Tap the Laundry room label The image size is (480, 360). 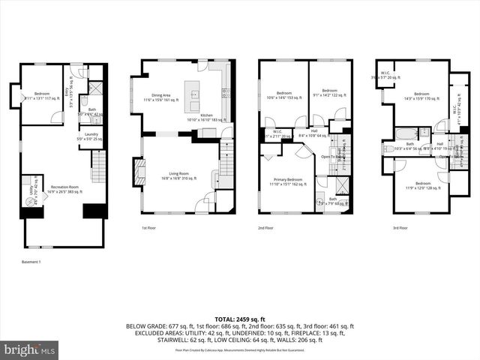92,136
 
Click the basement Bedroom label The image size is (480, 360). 41,94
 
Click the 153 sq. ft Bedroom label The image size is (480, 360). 283,94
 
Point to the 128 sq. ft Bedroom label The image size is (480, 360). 422,185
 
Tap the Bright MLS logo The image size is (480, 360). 30,349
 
